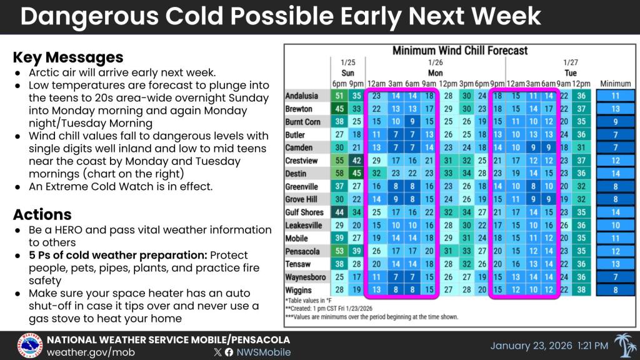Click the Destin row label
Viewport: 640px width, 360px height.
(296, 174)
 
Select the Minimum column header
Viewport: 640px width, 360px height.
(615, 84)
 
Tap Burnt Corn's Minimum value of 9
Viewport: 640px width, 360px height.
(616, 122)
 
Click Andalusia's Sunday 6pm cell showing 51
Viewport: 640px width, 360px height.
(339, 96)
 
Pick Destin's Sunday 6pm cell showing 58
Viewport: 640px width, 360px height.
(339, 174)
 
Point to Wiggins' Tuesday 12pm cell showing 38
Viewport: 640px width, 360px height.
(581, 290)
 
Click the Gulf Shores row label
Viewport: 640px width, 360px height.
(304, 212)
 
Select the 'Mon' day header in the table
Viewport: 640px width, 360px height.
(435, 73)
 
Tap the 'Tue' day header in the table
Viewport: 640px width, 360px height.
(570, 73)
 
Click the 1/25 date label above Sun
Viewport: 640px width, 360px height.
(347, 62)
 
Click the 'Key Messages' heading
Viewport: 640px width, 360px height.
(68, 57)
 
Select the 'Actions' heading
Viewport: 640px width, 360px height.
(42, 214)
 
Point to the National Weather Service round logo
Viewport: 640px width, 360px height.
(30, 346)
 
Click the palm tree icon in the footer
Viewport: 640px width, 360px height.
(625, 345)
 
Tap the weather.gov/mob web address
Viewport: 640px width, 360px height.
(91, 352)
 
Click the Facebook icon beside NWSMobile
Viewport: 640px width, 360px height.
(229, 352)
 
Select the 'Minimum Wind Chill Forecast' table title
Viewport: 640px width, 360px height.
(460, 51)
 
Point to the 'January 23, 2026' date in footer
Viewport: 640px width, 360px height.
(531, 346)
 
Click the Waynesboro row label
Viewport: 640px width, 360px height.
(305, 277)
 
